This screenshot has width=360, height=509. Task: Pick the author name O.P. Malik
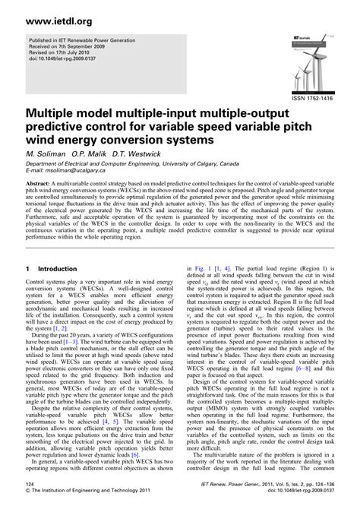click(x=87, y=151)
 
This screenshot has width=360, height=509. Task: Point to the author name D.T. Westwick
click(x=136, y=151)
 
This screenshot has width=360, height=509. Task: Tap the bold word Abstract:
click(x=43, y=185)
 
